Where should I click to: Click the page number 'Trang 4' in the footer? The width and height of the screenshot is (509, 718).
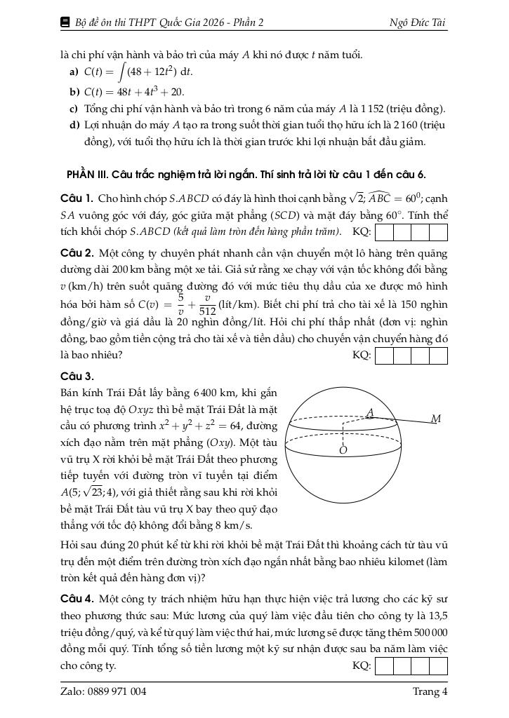coord(430,692)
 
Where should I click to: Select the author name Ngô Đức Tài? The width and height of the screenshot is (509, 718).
coord(418,23)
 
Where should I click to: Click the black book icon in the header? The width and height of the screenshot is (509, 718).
coord(66,23)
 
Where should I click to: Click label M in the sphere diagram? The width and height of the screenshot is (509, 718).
coord(436,419)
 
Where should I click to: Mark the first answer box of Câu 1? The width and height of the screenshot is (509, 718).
coord(385,232)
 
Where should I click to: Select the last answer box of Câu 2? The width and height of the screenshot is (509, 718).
coord(439,355)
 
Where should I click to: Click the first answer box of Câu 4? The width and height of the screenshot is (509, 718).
coord(385,665)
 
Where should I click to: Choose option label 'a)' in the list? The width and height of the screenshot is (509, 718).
coord(74,72)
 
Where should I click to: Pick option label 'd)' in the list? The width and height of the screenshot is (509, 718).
coord(74,126)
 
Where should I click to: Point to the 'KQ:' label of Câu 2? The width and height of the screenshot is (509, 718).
coord(362,355)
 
